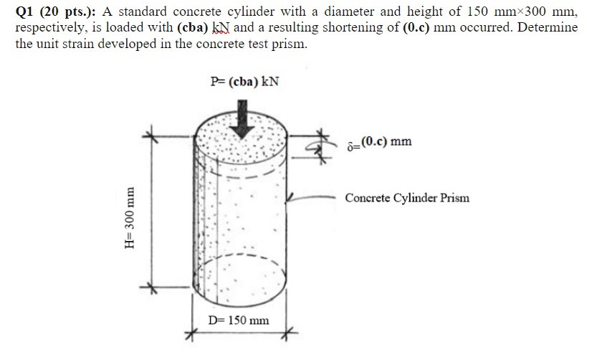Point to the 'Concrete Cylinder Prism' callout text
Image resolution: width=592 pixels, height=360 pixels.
(x=407, y=197)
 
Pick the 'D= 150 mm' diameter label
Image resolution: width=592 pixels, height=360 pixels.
(x=239, y=320)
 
